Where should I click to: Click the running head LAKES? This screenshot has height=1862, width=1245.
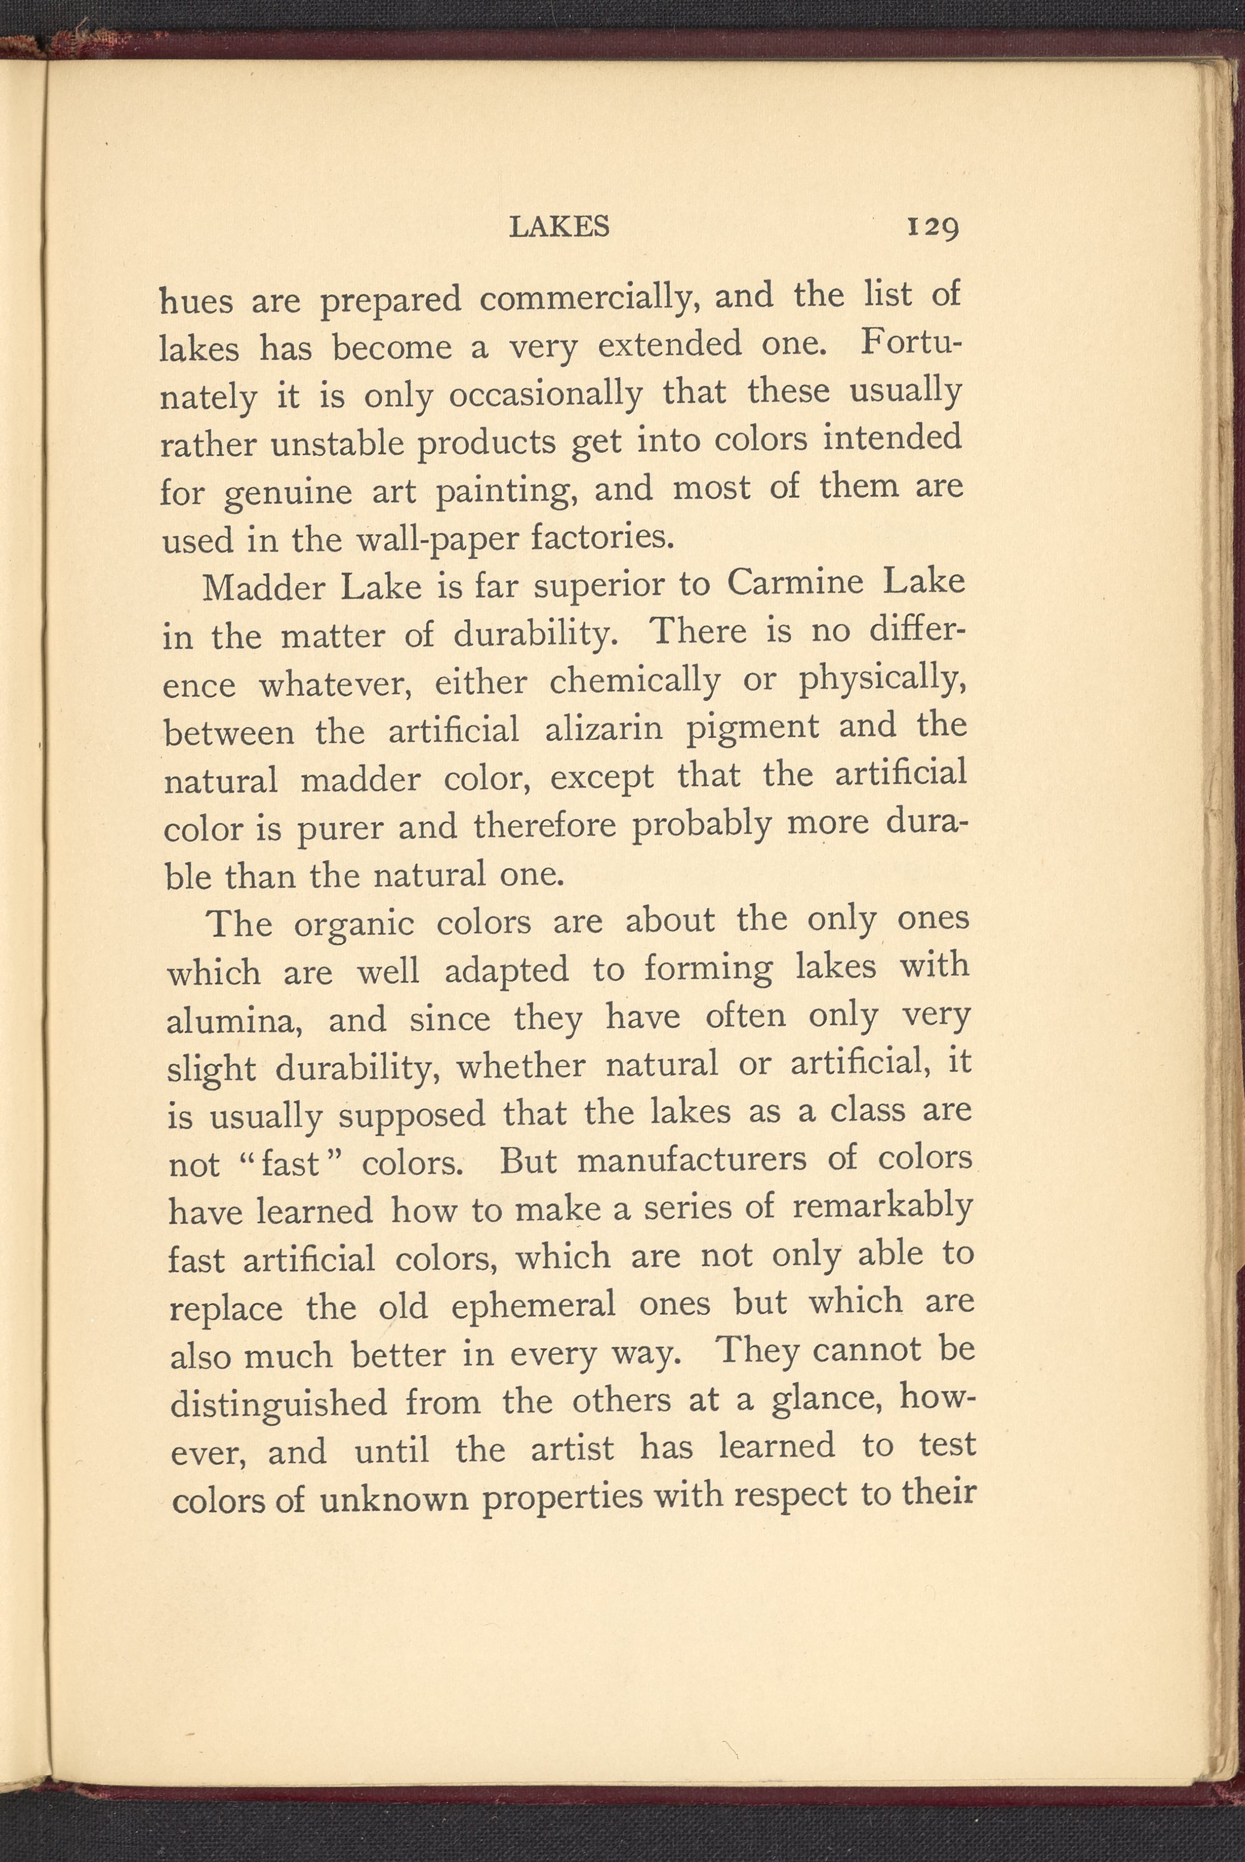point(559,227)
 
